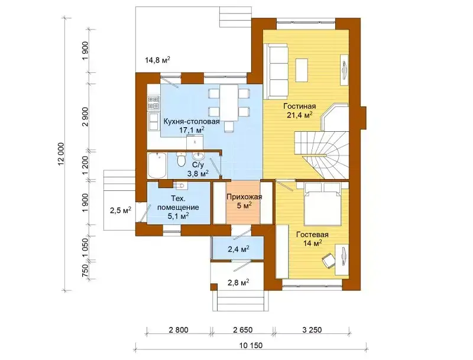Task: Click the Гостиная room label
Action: tap(299, 106)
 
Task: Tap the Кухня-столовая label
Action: tap(192, 122)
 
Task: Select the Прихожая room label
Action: tap(244, 197)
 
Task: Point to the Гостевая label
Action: tap(312, 235)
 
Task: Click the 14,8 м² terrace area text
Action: tap(157, 60)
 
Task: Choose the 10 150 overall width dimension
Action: tap(251, 346)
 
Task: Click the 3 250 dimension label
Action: tap(312, 330)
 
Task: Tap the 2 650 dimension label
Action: tap(242, 330)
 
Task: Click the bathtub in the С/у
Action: tap(157, 166)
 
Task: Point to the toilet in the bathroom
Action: tap(181, 160)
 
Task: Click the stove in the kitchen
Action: tap(153, 102)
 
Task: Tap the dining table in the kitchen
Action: tap(229, 102)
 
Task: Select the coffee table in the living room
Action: tap(302, 70)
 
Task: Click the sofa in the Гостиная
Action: tap(276, 71)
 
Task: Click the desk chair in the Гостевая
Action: tap(329, 260)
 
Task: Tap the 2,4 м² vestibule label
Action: tap(238, 249)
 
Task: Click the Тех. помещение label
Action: tap(179, 203)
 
